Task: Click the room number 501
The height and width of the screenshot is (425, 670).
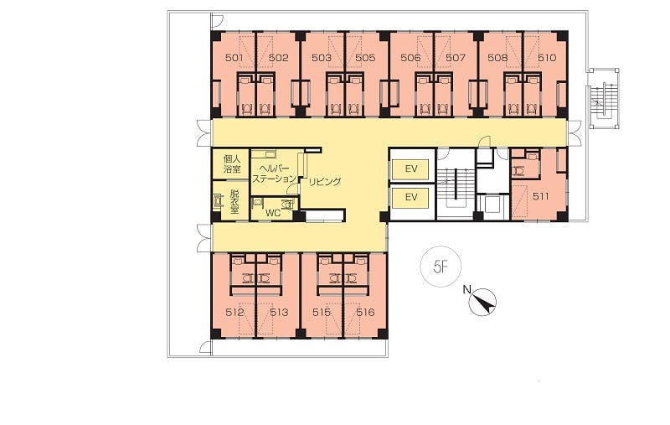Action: (234, 58)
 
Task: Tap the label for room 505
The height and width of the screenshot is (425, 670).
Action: (365, 58)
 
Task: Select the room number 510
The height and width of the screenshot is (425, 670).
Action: (547, 58)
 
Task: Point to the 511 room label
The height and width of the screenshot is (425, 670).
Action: (540, 197)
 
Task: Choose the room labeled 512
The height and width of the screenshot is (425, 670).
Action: (234, 313)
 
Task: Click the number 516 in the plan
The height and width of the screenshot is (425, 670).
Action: (365, 313)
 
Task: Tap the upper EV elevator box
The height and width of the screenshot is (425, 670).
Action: (411, 168)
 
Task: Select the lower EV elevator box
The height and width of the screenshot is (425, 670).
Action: (411, 197)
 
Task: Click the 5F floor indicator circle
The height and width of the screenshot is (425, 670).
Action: (441, 267)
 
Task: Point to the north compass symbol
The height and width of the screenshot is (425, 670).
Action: (483, 302)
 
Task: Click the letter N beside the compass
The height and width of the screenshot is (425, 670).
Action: (466, 290)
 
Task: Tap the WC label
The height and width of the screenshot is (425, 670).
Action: (274, 213)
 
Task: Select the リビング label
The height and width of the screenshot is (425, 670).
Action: (325, 181)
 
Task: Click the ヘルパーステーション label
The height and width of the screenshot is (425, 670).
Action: (274, 174)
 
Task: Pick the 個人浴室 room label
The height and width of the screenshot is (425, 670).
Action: (232, 164)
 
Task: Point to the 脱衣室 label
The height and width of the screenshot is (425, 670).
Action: (234, 201)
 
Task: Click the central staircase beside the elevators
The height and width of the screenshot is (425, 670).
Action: (456, 184)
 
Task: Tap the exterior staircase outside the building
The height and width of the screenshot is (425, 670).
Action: (603, 98)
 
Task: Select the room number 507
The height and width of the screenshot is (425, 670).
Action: (455, 58)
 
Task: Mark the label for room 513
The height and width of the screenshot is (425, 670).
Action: (279, 313)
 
